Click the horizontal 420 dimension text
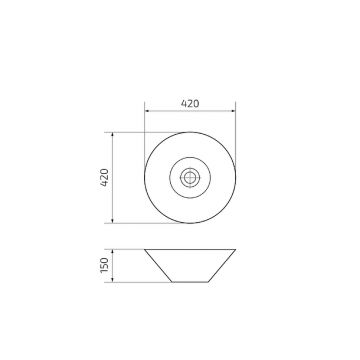tap(189, 102)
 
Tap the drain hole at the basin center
tap(189, 176)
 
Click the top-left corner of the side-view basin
tap(145, 246)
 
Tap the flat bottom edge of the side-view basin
tap(189, 278)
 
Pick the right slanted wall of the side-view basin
tap(223, 262)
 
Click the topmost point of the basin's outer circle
tap(189, 133)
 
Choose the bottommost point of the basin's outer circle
tap(189, 220)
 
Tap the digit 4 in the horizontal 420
tap(182, 102)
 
